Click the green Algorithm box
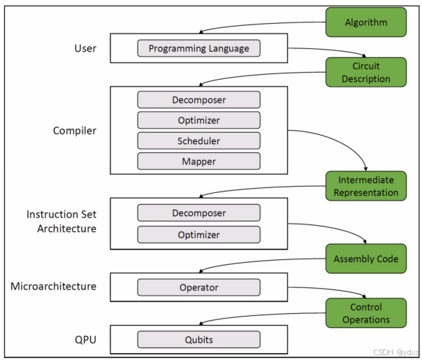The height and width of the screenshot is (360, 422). [x=365, y=22]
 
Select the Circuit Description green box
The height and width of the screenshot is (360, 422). [x=365, y=73]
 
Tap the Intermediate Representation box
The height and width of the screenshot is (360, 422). [x=365, y=187]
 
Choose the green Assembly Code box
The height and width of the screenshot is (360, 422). [x=365, y=259]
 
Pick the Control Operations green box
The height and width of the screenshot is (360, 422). [x=365, y=313]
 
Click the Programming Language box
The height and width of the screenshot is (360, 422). [x=198, y=48]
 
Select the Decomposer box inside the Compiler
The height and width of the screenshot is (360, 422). [x=198, y=99]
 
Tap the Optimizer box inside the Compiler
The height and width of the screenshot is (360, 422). [x=198, y=120]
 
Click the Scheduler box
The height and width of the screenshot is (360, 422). [x=198, y=141]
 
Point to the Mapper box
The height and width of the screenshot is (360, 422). [x=198, y=161]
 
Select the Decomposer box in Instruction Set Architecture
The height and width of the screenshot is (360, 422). [x=198, y=213]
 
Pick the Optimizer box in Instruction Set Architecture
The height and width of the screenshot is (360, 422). [x=198, y=235]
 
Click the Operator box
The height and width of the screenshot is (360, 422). [x=198, y=287]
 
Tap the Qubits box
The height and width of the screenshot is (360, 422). [x=198, y=340]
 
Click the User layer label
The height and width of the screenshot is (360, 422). [x=85, y=48]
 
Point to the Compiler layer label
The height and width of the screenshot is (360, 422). [x=75, y=130]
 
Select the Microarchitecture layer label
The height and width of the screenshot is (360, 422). [x=53, y=286]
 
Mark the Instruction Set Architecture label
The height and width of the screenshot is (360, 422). [x=61, y=221]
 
